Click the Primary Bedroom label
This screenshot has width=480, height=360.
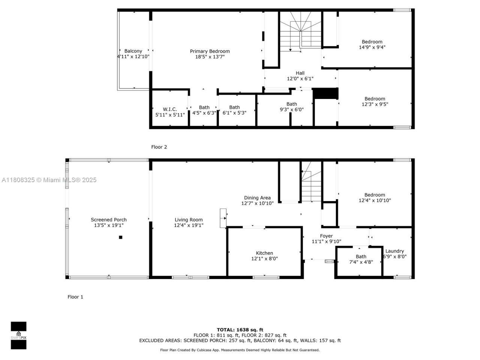[210, 51]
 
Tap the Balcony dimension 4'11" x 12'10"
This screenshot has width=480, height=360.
[133, 57]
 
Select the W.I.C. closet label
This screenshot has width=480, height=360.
[170, 109]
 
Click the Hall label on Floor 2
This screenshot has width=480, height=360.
[300, 73]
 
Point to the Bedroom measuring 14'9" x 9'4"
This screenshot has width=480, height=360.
[372, 45]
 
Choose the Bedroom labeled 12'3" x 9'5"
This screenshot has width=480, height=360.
[375, 102]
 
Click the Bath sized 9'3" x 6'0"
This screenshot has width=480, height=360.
[291, 107]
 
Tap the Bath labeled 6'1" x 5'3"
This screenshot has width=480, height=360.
[234, 110]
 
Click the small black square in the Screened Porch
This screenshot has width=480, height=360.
[121, 237]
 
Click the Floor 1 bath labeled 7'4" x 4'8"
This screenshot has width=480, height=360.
[361, 259]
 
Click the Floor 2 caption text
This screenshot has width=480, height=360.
[159, 147]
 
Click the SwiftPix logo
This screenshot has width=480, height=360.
[18, 335]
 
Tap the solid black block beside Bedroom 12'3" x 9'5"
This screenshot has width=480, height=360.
[325, 93]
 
